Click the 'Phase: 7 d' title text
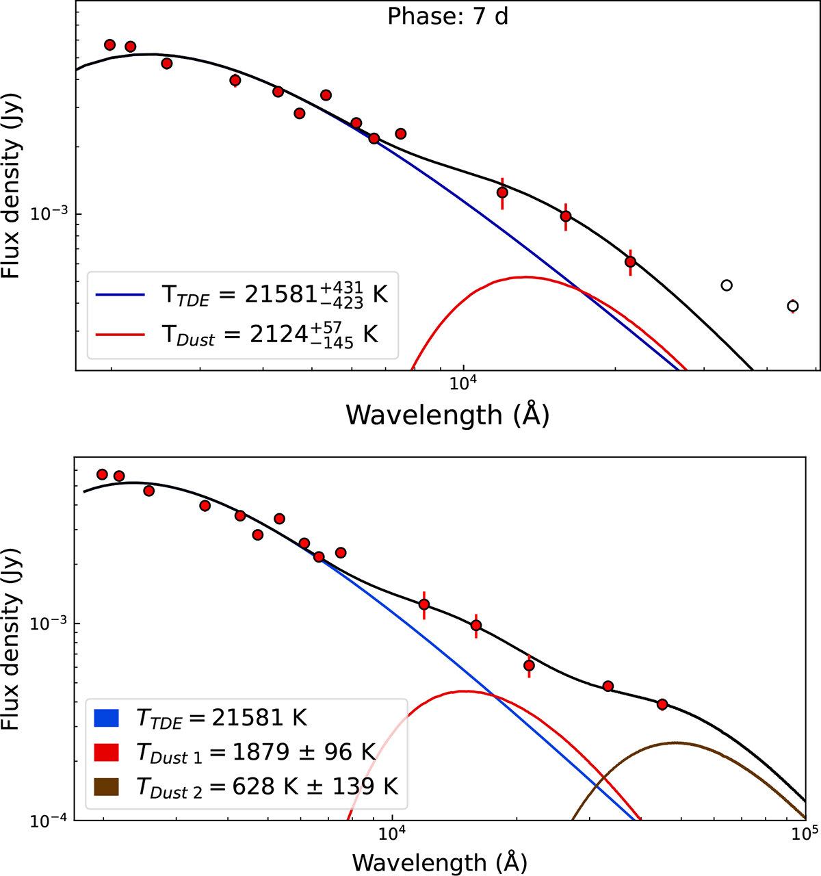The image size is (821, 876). point(447,16)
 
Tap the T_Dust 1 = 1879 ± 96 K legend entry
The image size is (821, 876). point(246,752)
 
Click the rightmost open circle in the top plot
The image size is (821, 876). point(792,306)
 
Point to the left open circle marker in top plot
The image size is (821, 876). point(727,285)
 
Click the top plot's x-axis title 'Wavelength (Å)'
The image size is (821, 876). point(447,414)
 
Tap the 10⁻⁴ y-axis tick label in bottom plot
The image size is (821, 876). point(51,821)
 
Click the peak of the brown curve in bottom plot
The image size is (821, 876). point(676,743)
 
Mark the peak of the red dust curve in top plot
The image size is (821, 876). point(524,277)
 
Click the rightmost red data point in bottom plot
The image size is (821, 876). point(662,704)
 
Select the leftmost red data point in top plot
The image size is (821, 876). point(109,45)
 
